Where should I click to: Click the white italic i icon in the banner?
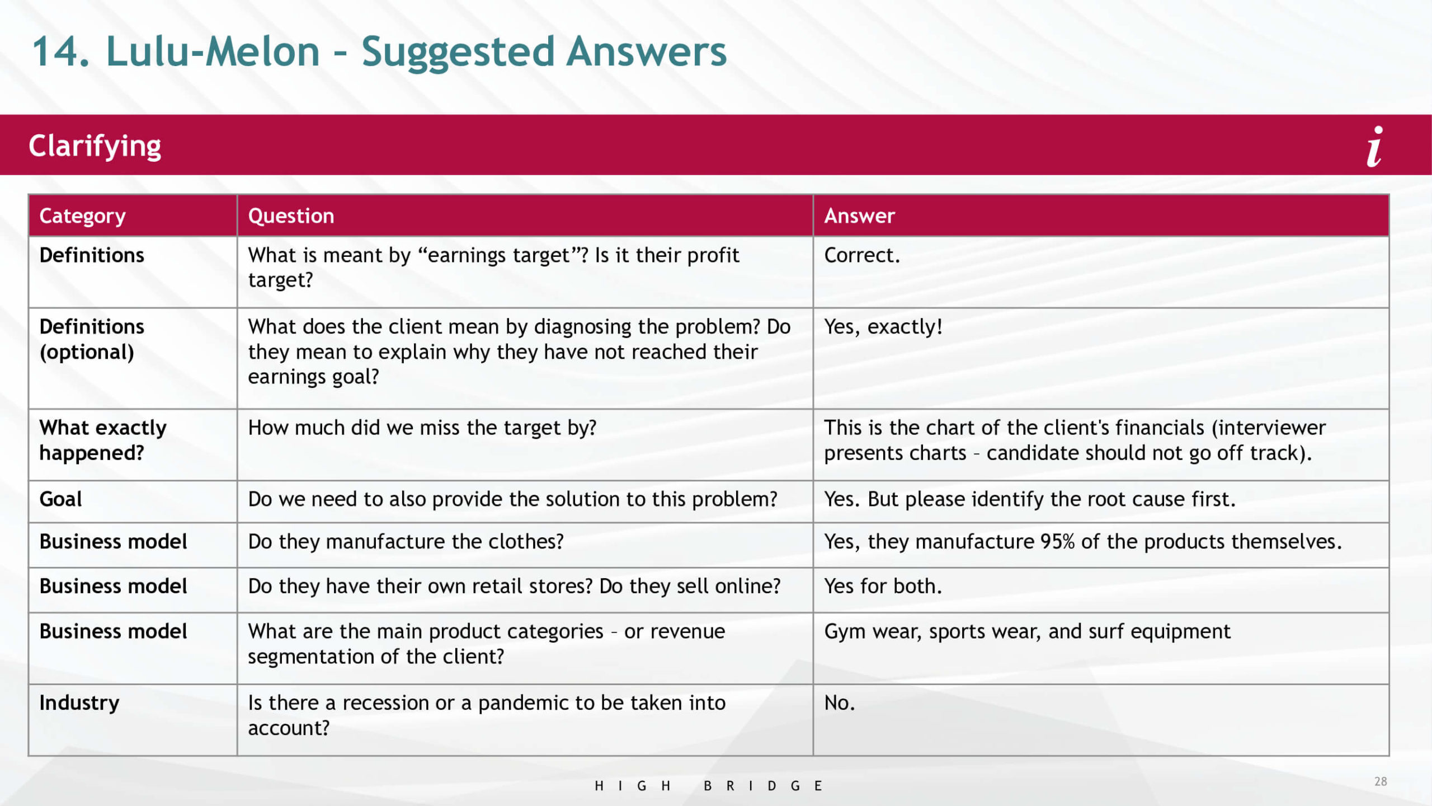click(1375, 146)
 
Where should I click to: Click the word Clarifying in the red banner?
click(95, 146)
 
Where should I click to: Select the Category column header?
click(83, 216)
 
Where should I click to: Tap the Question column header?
click(291, 216)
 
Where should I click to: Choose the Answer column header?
click(859, 216)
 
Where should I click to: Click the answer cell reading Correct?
click(862, 255)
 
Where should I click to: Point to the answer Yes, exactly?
click(883, 326)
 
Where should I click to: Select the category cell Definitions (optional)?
click(92, 339)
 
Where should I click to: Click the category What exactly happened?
click(103, 440)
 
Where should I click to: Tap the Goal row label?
click(60, 499)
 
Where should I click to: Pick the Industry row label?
click(79, 703)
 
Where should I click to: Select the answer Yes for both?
click(883, 586)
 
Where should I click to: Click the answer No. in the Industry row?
click(840, 703)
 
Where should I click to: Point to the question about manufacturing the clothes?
click(406, 542)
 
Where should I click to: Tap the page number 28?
click(1381, 781)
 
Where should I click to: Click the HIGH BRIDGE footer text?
click(708, 786)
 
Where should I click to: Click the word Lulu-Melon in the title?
click(213, 51)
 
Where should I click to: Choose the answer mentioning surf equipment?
click(1027, 631)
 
